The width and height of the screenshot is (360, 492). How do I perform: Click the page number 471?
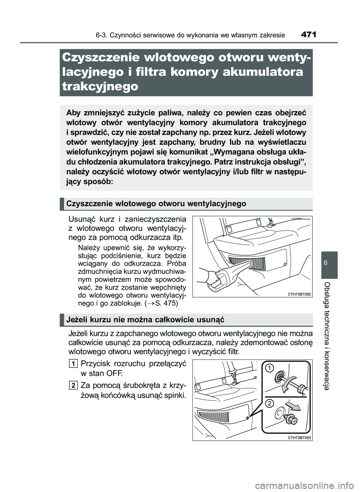[308, 35]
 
